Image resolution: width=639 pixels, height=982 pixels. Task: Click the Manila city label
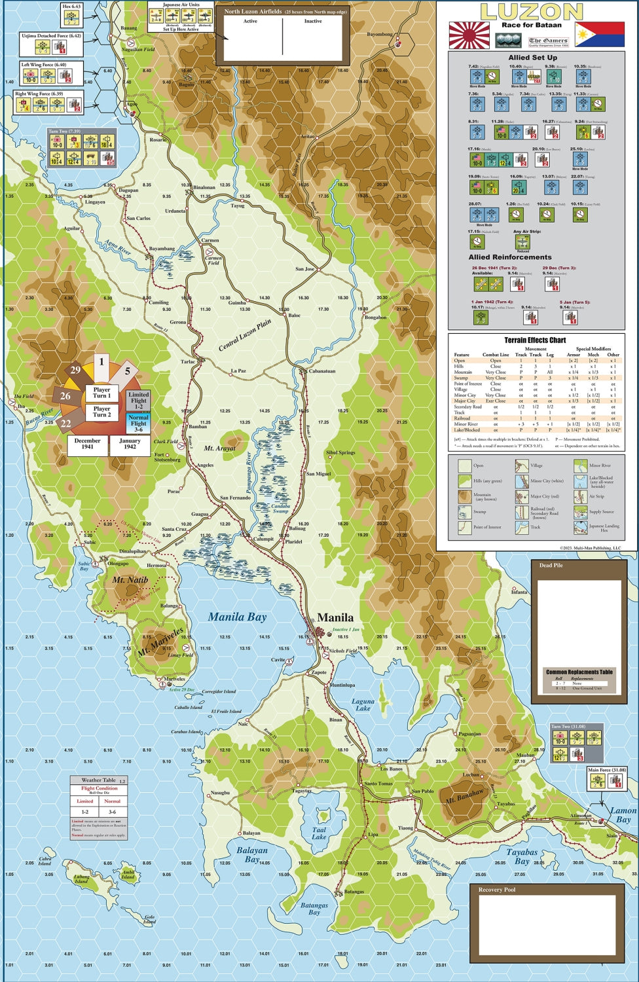[335, 617]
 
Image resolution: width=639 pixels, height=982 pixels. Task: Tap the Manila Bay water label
[237, 617]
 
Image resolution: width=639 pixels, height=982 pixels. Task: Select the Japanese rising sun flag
[469, 35]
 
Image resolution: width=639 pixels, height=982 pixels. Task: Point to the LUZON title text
[531, 12]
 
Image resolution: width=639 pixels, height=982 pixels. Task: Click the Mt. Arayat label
[219, 448]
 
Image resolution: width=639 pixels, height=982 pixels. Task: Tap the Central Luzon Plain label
[245, 335]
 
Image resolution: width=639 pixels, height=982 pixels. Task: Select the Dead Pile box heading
[551, 565]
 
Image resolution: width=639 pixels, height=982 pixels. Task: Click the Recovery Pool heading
[496, 890]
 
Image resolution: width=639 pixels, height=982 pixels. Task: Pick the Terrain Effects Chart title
[535, 340]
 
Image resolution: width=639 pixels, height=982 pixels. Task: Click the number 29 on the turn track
[75, 371]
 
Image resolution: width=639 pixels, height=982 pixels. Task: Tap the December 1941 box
[87, 444]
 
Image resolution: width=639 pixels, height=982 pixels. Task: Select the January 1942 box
[130, 444]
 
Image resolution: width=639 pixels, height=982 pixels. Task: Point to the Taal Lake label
[319, 833]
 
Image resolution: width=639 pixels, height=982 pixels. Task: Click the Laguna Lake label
[363, 704]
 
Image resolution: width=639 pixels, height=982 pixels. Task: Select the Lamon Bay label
[623, 815]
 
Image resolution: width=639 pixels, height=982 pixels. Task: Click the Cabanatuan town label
[321, 371]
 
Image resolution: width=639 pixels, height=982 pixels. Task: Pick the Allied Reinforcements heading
[510, 257]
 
